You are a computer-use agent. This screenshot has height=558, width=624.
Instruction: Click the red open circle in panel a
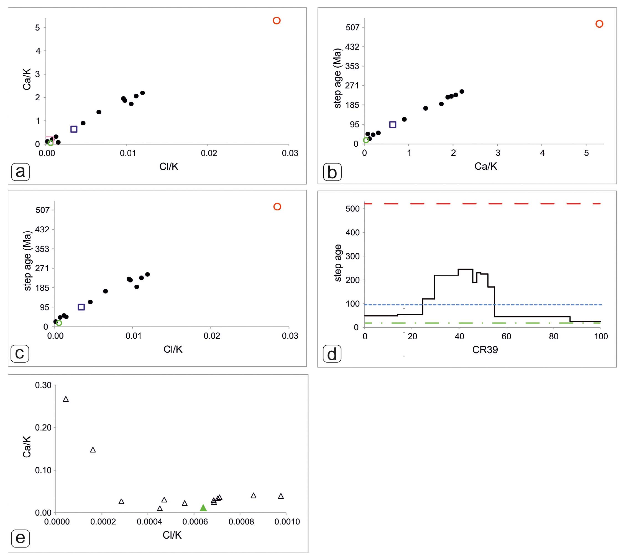click(x=277, y=21)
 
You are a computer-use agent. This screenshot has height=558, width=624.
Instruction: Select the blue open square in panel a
click(x=73, y=129)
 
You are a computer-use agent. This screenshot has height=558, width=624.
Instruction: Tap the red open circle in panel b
click(x=599, y=24)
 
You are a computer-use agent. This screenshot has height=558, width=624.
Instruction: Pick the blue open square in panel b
click(x=393, y=124)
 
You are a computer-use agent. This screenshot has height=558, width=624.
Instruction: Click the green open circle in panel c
click(x=59, y=323)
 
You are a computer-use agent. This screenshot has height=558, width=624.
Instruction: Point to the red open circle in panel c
click(x=277, y=207)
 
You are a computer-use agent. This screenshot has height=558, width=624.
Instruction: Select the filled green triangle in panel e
click(x=203, y=508)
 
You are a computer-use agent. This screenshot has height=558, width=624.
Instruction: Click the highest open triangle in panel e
click(x=66, y=399)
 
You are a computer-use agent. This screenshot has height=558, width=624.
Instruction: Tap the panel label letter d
click(x=332, y=355)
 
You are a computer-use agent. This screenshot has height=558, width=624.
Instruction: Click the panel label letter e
click(x=20, y=538)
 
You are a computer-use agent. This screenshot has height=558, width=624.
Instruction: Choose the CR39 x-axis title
click(x=485, y=350)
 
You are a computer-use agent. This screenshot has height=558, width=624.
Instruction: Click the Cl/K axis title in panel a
click(x=168, y=167)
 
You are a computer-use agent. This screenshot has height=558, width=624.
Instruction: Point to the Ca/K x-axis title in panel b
click(x=485, y=166)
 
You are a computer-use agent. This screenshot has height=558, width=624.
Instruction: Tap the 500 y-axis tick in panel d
click(x=352, y=209)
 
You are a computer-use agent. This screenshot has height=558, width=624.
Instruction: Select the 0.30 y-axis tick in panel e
click(x=43, y=385)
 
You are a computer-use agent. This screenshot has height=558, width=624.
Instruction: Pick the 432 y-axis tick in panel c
click(x=42, y=229)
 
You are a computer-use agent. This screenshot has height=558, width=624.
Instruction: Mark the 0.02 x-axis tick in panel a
click(x=209, y=153)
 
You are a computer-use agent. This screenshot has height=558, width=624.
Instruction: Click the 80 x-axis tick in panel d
click(x=554, y=336)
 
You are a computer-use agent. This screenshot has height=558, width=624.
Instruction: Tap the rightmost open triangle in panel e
click(x=281, y=496)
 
